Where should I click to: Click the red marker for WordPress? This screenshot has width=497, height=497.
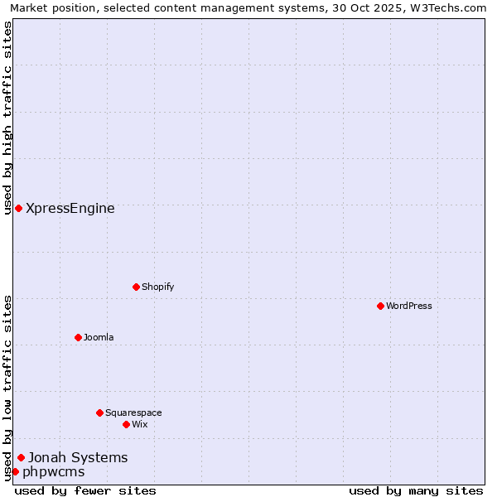pyautogui.click(x=380, y=306)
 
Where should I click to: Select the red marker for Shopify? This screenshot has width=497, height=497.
pyautogui.click(x=136, y=287)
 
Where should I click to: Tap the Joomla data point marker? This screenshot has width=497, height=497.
pyautogui.click(x=78, y=337)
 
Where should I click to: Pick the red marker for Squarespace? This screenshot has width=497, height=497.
pyautogui.click(x=99, y=413)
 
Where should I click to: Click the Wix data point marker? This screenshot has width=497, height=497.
pyautogui.click(x=126, y=424)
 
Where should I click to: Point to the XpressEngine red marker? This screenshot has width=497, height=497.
pyautogui.click(x=18, y=208)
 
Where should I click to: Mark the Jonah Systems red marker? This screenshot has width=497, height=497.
pyautogui.click(x=21, y=457)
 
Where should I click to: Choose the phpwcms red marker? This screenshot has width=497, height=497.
pyautogui.click(x=15, y=471)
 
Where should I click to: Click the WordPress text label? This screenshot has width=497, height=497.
pyautogui.click(x=409, y=306)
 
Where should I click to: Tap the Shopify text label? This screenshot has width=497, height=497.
pyautogui.click(x=157, y=287)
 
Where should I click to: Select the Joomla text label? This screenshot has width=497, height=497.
pyautogui.click(x=99, y=337)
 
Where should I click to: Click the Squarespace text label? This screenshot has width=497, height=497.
pyautogui.click(x=133, y=413)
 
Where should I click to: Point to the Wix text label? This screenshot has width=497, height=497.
pyautogui.click(x=139, y=424)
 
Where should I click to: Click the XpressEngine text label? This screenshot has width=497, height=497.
pyautogui.click(x=70, y=209)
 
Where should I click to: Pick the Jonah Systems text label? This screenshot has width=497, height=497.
pyautogui.click(x=78, y=457)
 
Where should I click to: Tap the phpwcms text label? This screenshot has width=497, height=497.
pyautogui.click(x=54, y=472)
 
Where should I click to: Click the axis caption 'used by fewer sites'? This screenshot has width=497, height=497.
pyautogui.click(x=85, y=490)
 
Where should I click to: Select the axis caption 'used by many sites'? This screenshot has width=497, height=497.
pyautogui.click(x=416, y=490)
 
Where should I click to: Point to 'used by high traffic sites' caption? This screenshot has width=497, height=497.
pyautogui.click(x=7, y=118)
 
